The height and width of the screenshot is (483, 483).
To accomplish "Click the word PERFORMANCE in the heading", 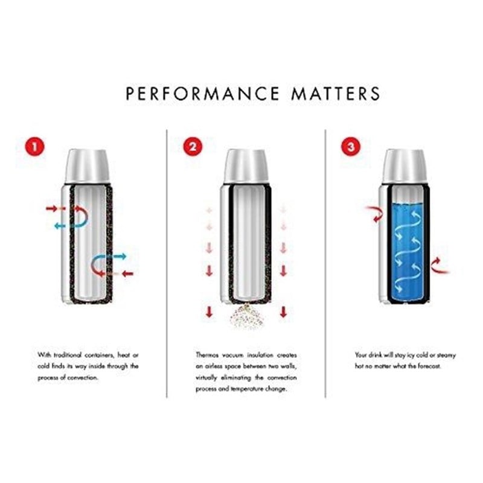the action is [203, 94].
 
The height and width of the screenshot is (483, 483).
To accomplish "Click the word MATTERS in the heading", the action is [336, 94].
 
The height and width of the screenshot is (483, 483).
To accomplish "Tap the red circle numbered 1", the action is [35, 146].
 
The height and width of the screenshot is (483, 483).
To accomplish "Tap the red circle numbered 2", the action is [193, 146].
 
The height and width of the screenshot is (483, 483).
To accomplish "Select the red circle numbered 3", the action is [351, 146].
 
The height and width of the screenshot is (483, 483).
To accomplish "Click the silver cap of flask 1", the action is [88, 166].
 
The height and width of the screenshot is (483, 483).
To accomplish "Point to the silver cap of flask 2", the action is [246, 166].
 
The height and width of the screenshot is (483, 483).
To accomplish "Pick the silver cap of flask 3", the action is [404, 166].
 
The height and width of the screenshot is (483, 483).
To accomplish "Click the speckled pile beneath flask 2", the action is [247, 318].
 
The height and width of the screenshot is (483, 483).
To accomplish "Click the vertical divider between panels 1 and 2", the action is [167, 263].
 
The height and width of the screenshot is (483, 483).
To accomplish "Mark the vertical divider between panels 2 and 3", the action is [325, 263].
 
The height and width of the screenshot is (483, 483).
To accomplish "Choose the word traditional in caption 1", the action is [68, 355].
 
